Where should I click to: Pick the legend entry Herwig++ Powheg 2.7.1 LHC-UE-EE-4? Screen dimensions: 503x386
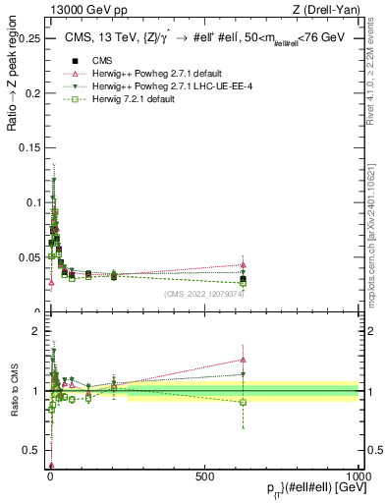click(x=157, y=86)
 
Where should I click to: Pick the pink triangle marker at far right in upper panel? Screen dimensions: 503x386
click(x=243, y=264)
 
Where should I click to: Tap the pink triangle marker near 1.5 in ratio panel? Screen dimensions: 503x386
click(x=243, y=360)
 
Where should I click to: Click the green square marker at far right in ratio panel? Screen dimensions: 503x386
click(x=243, y=402)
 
